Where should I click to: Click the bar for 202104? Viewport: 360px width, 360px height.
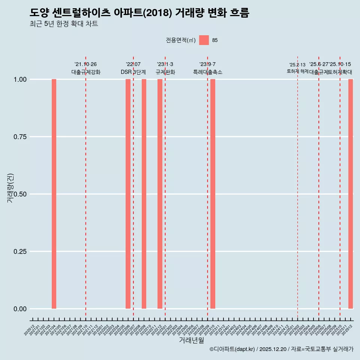54,194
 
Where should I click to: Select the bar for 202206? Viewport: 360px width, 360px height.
128,194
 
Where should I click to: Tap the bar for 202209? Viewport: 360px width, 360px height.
144,194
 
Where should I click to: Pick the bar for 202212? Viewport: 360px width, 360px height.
160,194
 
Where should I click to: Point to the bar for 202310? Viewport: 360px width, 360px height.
213,194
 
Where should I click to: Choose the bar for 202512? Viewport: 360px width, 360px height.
351,194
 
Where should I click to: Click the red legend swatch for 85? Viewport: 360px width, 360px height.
204,40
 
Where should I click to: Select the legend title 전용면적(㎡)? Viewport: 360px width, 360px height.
180,40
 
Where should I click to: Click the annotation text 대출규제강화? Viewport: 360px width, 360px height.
85,72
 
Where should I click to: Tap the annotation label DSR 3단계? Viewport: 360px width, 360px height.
133,72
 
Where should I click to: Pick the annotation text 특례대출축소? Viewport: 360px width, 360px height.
207,72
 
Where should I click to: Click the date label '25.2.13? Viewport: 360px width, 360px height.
297,64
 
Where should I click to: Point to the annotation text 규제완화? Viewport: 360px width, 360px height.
165,72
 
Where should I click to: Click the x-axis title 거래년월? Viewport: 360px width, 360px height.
191,340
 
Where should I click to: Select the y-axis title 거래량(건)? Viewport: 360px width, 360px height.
10,188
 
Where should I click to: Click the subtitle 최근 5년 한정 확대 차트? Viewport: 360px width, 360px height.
64,24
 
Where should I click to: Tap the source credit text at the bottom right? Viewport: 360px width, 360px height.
281,349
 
